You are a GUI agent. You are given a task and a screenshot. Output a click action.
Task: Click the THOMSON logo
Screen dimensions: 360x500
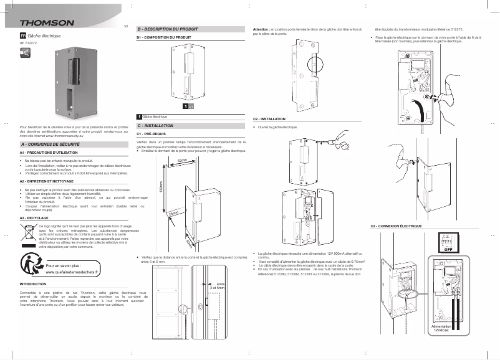47,24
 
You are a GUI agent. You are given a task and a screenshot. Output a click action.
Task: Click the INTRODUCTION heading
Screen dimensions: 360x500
34,284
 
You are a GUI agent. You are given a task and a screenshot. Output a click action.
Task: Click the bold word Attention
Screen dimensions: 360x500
260,29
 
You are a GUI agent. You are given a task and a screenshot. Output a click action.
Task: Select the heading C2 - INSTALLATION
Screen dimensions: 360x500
269,118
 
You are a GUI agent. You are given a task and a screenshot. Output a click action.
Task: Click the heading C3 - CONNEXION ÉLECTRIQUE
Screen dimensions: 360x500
396,225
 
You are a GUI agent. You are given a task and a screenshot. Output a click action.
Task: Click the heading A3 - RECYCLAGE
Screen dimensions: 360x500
34,219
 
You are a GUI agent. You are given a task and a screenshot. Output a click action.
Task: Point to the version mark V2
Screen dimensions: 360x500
126,26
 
